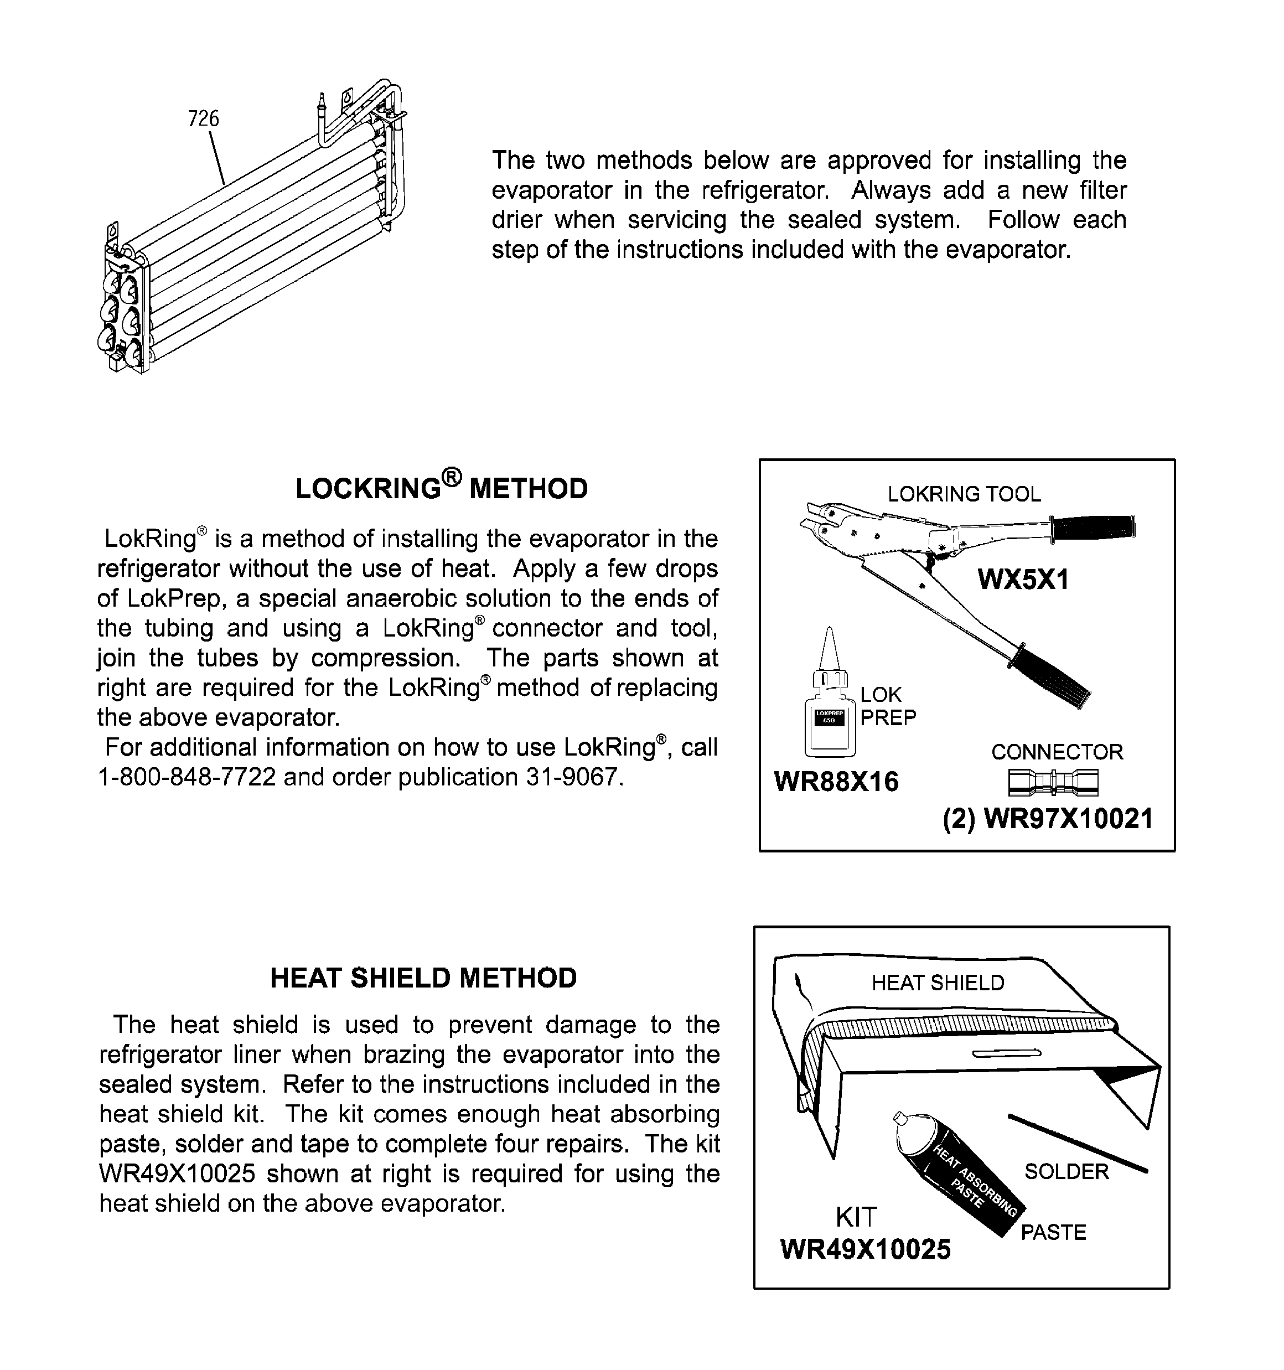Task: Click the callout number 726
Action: point(203,118)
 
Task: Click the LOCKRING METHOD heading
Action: point(441,488)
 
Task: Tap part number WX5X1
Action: point(1023,580)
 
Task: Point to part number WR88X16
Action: point(836,782)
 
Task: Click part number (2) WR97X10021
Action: point(1048,819)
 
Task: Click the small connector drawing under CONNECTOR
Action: point(1053,782)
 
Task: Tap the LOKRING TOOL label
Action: point(964,494)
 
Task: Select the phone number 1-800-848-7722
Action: point(187,777)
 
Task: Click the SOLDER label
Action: point(1066,1171)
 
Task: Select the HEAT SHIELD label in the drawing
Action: point(938,983)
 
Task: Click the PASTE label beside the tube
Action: point(1053,1232)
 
